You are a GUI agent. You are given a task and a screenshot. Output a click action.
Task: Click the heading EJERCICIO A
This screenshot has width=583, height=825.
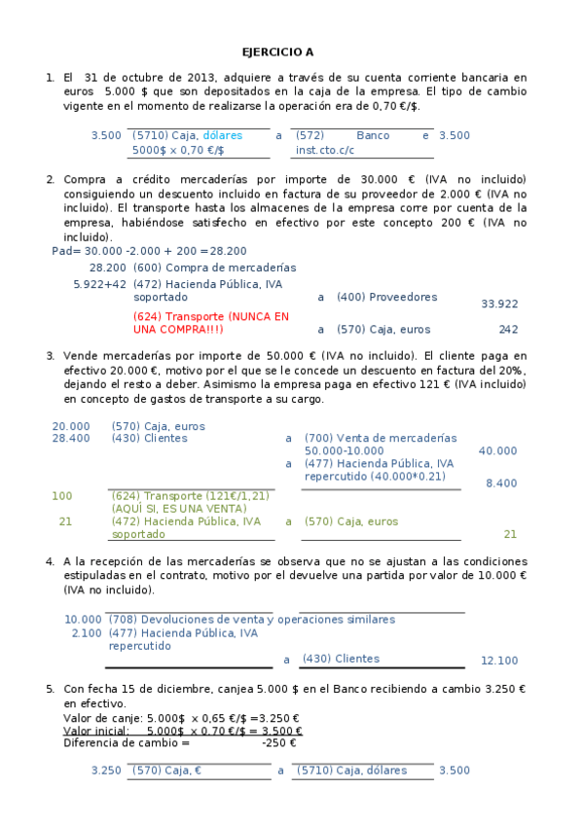277,53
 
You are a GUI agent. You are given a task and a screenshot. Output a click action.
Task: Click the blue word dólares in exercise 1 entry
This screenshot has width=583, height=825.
223,135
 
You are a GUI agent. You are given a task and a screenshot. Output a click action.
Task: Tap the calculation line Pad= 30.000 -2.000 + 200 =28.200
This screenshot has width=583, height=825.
149,251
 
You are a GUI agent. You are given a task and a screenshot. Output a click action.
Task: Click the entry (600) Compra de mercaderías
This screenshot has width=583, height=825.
214,267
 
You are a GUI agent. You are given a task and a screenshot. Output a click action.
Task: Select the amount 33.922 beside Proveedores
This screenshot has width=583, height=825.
499,304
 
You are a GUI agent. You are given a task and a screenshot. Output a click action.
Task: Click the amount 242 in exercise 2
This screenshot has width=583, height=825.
508,330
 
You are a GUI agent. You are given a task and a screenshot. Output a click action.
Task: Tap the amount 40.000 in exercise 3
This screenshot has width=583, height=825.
498,450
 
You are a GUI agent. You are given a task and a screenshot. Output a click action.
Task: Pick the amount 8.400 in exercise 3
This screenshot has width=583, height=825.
501,483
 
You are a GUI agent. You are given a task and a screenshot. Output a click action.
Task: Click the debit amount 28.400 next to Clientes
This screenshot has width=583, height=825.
70,438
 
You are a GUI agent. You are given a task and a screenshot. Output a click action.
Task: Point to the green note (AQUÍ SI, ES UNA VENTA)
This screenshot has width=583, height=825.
179,509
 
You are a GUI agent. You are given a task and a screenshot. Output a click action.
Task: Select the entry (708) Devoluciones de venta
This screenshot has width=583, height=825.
253,619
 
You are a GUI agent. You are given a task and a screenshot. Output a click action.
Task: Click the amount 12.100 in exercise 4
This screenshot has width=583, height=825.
499,661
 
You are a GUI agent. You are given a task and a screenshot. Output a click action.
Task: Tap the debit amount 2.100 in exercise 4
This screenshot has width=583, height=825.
87,632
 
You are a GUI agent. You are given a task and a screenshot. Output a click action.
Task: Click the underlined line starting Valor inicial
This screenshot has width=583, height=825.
182,731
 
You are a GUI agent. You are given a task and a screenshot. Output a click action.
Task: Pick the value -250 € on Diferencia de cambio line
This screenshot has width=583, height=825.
279,743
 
